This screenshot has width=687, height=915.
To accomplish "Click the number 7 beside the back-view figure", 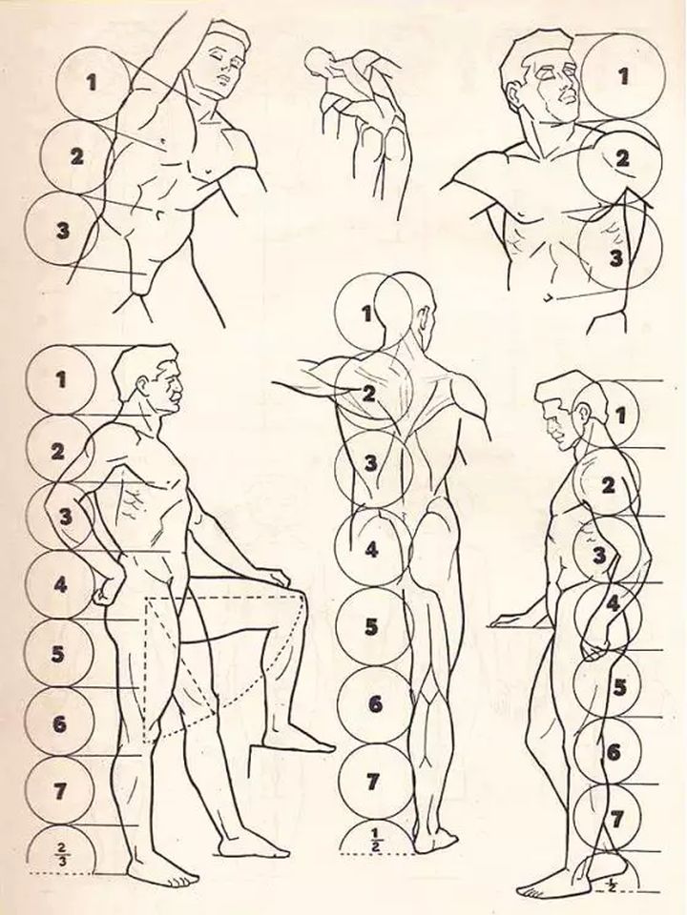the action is pos(373,782).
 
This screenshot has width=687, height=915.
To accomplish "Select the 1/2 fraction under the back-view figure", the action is pos(374,840).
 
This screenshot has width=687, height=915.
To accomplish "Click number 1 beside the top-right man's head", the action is pos(624,76).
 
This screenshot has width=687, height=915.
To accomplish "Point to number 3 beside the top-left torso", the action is pos(63,231).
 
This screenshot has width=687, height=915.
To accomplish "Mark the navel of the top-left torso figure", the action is pos(158,215).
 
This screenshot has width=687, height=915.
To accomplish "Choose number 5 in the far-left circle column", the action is pos(57,654).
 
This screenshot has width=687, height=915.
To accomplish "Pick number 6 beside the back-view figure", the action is pos(375,704).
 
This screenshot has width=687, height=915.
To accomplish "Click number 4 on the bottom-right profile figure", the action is pos(613,602).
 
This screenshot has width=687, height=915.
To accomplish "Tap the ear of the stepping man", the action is pos(143,385).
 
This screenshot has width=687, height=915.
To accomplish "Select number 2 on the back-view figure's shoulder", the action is pos(368,394).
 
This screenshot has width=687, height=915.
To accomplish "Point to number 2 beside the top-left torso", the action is pos(76,156).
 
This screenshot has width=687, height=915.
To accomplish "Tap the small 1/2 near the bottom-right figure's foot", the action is pos(611,885).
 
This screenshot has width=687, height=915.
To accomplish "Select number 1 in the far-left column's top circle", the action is pos(61,380).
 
